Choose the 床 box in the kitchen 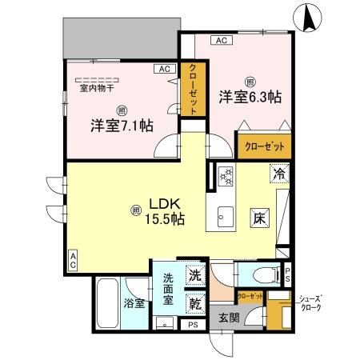pos(260,217)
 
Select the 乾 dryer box pos(195,303)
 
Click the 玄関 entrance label pos(230,317)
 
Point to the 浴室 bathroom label pos(134,304)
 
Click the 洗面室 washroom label pos(169,290)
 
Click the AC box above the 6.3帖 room pos(222,40)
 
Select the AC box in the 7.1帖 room pos(166,69)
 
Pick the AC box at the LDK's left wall pos(73,257)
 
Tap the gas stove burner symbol pos(226,174)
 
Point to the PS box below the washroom pos(193,325)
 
